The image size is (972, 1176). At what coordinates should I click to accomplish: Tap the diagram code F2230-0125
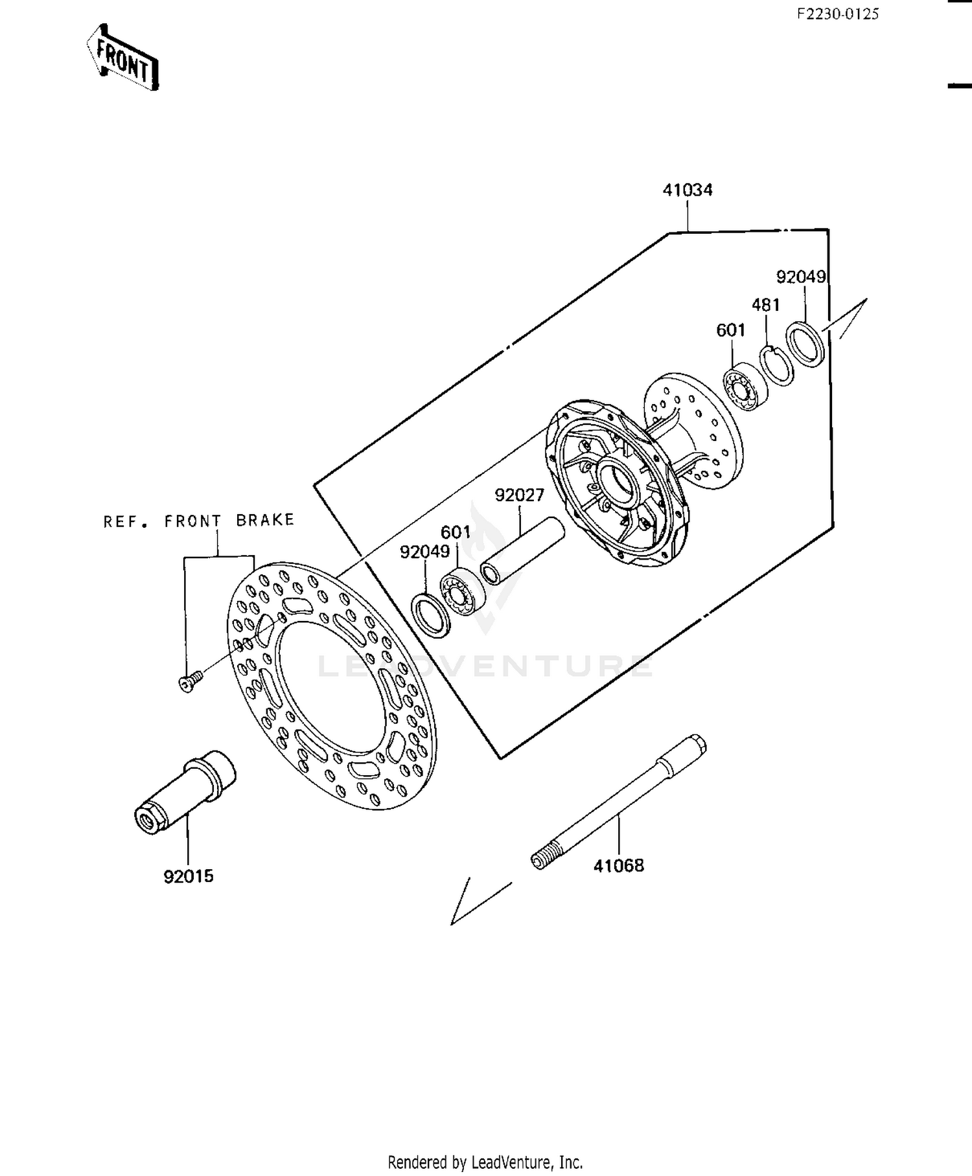[x=837, y=14]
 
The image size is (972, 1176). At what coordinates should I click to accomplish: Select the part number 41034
[x=688, y=190]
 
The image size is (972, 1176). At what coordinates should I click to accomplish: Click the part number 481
[x=765, y=305]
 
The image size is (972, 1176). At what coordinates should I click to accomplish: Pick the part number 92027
[x=520, y=495]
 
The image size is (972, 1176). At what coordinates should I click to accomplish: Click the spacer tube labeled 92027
[x=522, y=550]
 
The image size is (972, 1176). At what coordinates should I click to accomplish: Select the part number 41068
[x=619, y=866]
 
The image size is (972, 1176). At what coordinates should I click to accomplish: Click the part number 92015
[x=189, y=877]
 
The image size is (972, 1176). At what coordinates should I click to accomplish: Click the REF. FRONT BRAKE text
[x=199, y=521]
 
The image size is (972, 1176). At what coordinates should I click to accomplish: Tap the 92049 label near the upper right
[x=801, y=277]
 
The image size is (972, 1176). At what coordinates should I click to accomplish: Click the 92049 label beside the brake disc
[x=424, y=552]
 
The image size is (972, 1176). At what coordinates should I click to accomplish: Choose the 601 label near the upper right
[x=731, y=330]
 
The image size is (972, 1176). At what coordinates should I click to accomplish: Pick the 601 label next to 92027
[x=456, y=532]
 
